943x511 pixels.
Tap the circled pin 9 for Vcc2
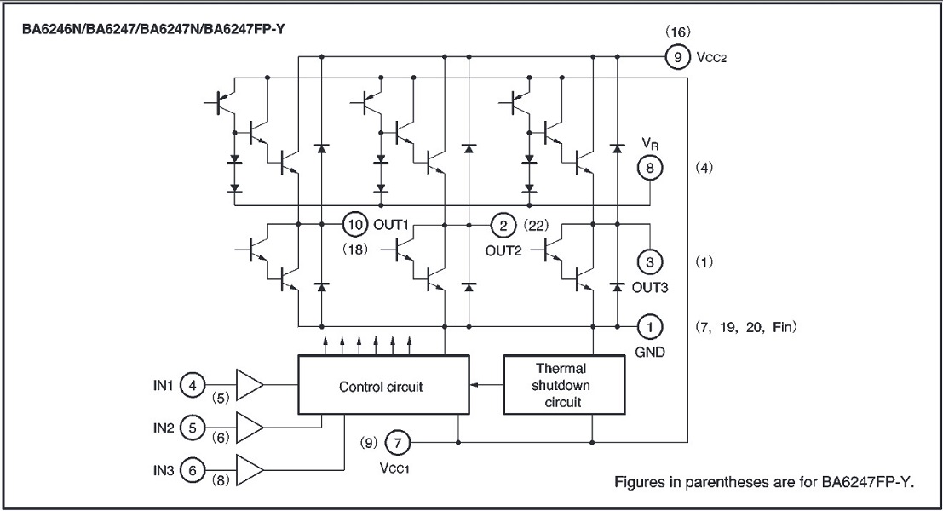[x=676, y=58]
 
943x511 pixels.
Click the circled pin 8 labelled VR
[x=650, y=168]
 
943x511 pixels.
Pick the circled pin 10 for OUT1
[x=354, y=225]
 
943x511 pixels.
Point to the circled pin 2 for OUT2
[x=503, y=225]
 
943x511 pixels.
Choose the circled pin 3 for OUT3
[x=650, y=261]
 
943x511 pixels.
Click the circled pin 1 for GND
[x=650, y=325]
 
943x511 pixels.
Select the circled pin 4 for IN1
[x=193, y=386]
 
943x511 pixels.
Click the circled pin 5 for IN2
[x=193, y=428]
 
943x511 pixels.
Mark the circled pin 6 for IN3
[x=193, y=468]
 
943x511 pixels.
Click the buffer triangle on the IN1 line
[x=249, y=386]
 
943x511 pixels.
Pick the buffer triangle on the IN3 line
[x=249, y=468]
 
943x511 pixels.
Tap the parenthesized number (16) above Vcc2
[x=676, y=32]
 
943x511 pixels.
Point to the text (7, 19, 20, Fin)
[x=745, y=326]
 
